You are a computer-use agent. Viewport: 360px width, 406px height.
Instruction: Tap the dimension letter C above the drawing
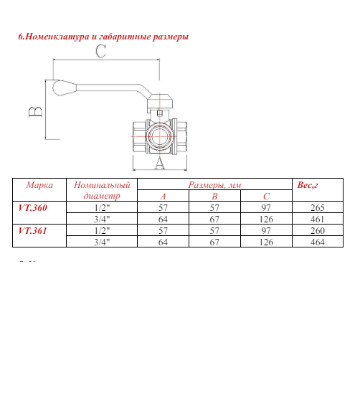[100, 52]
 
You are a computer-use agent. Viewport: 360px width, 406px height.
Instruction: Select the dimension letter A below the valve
[159, 163]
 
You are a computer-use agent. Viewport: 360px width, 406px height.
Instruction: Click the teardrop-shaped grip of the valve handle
[62, 88]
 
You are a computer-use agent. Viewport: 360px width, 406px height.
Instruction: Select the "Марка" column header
[39, 185]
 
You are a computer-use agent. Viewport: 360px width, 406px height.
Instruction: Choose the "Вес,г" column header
[308, 185]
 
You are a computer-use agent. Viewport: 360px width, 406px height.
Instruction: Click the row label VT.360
[32, 207]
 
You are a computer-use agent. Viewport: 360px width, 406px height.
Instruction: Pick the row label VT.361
[32, 230]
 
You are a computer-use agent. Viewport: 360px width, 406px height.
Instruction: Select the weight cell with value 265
[318, 207]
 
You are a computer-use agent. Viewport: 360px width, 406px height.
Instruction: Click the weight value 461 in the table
[318, 219]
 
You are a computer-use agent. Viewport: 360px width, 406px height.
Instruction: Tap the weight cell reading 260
[318, 230]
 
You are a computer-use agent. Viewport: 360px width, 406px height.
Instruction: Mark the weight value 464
[318, 242]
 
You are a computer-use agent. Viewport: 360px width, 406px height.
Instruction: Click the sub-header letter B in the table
[214, 196]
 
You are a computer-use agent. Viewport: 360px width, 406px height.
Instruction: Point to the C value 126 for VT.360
[266, 219]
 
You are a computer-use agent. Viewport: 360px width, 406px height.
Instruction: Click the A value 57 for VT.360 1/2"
[163, 207]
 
